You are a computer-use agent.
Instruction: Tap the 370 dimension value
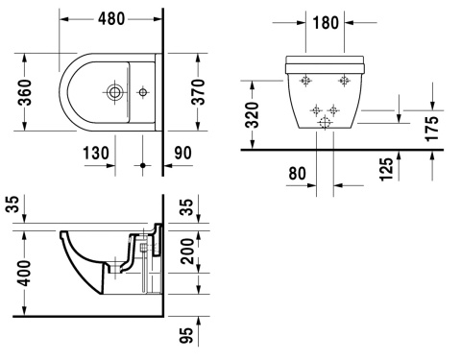(x=198, y=93)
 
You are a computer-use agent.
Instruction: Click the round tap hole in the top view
(x=116, y=93)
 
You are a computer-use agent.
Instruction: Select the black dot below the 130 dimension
(x=143, y=165)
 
